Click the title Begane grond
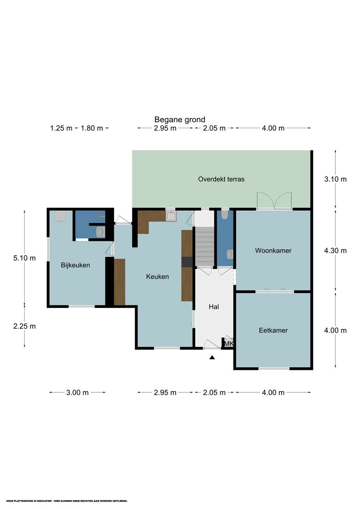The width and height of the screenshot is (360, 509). tap(180, 120)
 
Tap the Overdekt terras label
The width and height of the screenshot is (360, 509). tap(221, 179)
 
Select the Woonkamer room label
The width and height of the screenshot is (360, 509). tap(273, 250)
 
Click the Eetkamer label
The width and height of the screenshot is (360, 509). tap(273, 330)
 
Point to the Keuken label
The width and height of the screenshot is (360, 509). tap(157, 277)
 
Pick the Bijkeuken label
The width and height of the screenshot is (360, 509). tap(75, 265)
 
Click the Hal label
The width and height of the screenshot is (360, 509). tap(214, 307)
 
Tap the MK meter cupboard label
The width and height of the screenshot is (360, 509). tap(228, 344)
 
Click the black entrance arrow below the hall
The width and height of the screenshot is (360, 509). tap(212, 358)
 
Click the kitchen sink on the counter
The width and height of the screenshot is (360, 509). tap(171, 216)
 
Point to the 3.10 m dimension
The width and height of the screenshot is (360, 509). tap(335, 179)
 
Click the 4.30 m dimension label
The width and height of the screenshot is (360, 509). tap(335, 251)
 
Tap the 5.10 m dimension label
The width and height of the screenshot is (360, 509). tap(25, 258)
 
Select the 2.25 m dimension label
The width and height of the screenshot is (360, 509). tap(25, 326)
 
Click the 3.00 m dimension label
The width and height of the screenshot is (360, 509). tap(77, 392)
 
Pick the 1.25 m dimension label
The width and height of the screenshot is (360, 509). tap(61, 128)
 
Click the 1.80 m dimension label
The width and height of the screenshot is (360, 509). tap(92, 128)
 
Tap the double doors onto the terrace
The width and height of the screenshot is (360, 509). tap(274, 200)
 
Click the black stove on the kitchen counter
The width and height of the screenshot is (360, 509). tap(187, 262)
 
